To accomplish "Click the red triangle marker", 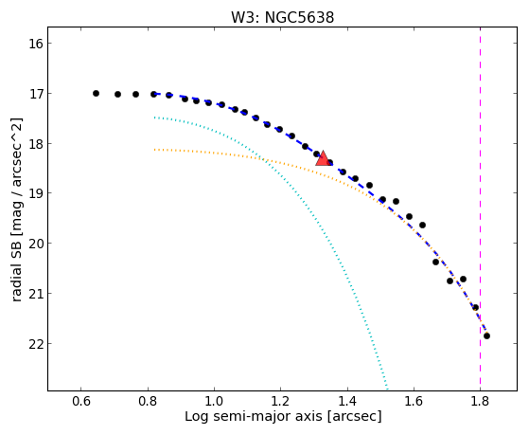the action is click(324, 159).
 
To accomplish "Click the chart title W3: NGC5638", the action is click(282, 18).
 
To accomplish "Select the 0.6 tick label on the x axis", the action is click(81, 401).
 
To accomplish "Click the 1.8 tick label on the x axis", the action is click(480, 401).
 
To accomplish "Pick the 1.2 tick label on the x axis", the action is click(280, 401).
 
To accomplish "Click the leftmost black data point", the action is click(96, 93).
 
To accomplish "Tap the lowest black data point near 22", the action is click(486, 336).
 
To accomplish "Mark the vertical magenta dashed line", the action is click(480, 208).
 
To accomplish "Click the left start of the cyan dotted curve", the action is click(154, 118).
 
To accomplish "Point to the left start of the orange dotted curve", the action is click(154, 150).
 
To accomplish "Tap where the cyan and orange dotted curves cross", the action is click(264, 160).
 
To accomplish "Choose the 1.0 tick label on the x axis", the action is click(214, 401).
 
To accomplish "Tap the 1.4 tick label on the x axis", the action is click(346, 401).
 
